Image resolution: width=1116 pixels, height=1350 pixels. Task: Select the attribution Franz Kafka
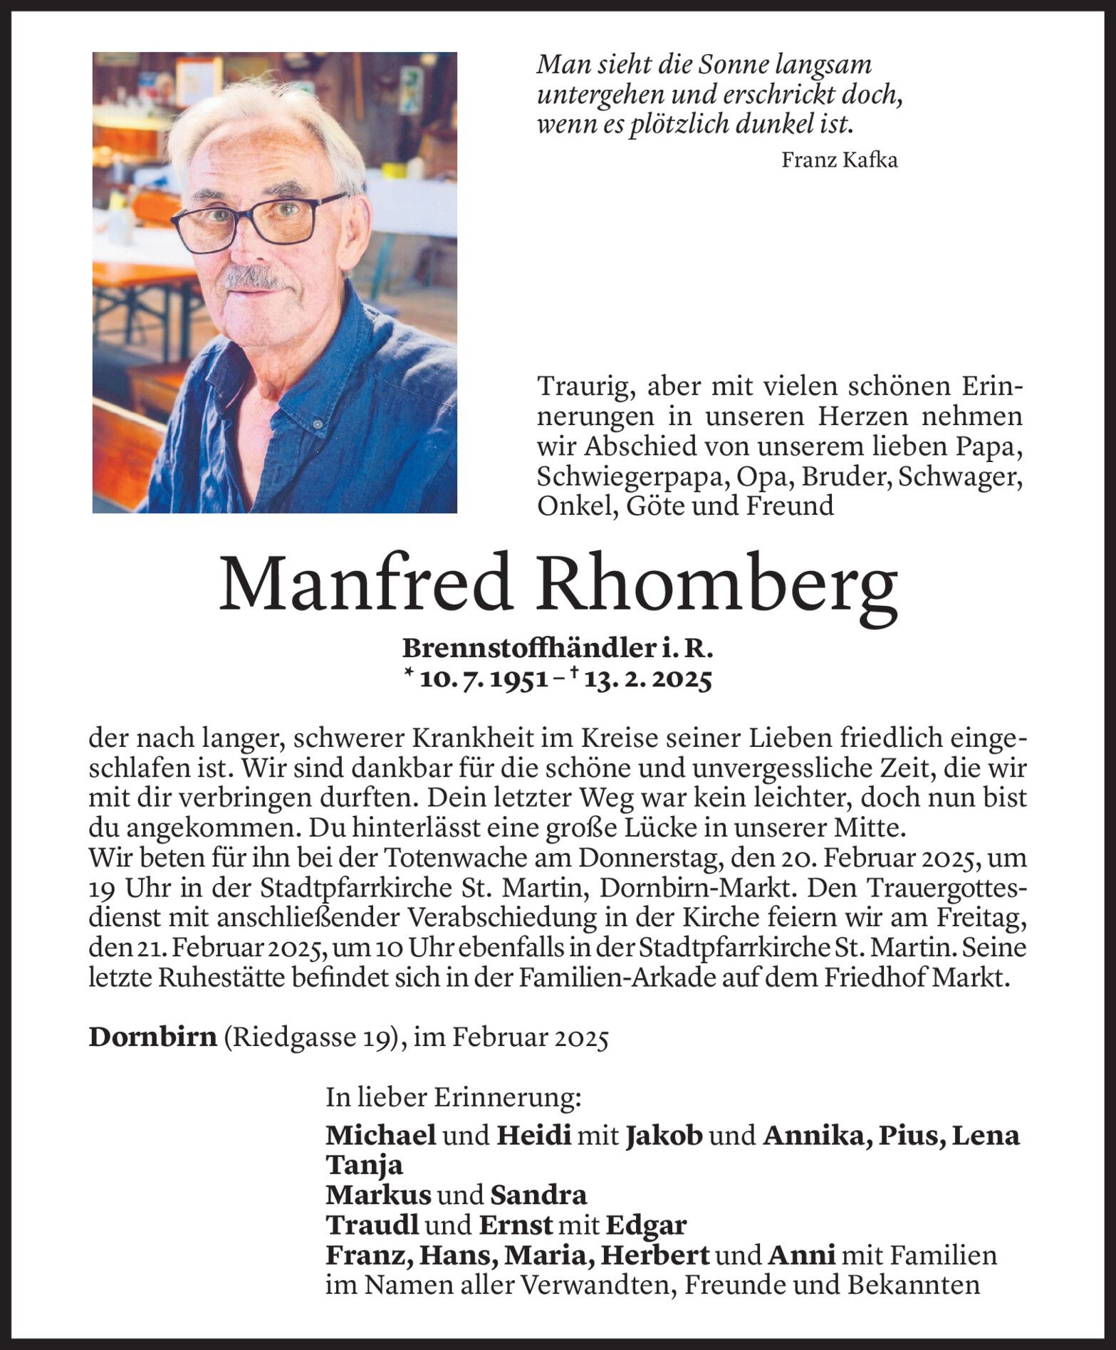839,159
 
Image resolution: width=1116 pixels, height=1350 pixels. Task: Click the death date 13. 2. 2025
647,681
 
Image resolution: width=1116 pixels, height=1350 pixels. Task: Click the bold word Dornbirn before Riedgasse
152,1037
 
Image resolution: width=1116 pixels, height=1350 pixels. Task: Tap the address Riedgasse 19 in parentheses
309,1038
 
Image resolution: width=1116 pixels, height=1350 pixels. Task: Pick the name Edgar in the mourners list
646,1225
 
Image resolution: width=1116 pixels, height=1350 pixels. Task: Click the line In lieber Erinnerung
454,1097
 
